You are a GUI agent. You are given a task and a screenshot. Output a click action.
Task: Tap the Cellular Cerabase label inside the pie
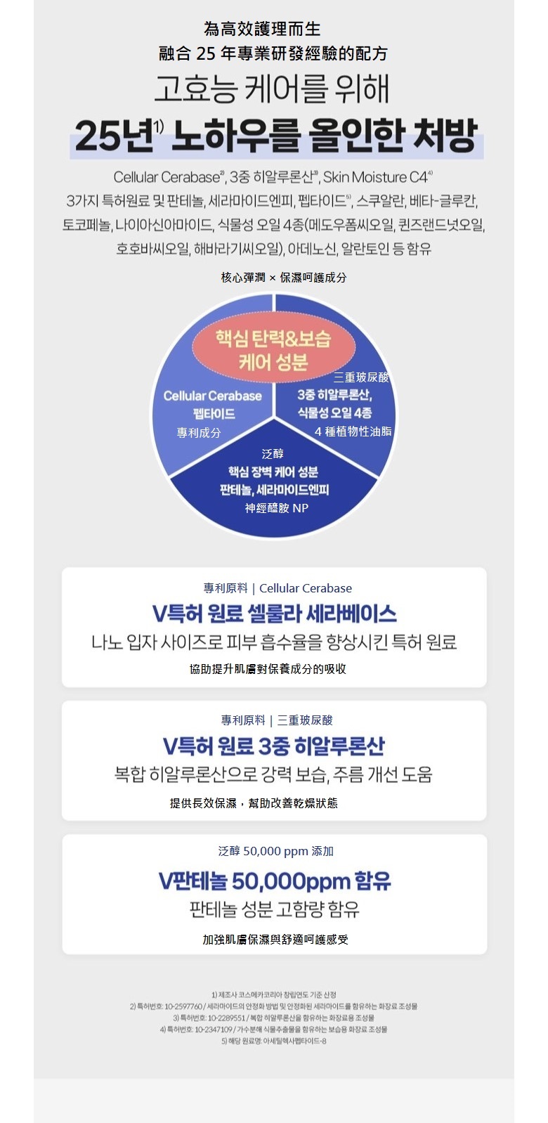pyautogui.click(x=212, y=396)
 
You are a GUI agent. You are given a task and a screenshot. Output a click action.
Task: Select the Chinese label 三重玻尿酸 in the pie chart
pyautogui.click(x=361, y=377)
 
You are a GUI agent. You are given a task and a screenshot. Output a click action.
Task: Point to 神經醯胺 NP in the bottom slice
pyautogui.click(x=277, y=508)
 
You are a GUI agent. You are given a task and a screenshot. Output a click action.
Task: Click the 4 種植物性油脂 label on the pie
pyautogui.click(x=353, y=431)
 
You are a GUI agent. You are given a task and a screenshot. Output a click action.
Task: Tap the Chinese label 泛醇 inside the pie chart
pyautogui.click(x=273, y=454)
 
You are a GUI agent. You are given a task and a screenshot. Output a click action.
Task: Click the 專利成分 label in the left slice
pyautogui.click(x=199, y=433)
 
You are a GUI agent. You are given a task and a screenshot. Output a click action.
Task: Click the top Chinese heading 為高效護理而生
pyautogui.click(x=262, y=29)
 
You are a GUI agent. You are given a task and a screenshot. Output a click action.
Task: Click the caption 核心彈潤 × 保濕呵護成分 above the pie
pyautogui.click(x=284, y=278)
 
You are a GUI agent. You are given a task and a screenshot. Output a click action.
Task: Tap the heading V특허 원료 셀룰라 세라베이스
pyautogui.click(x=274, y=614)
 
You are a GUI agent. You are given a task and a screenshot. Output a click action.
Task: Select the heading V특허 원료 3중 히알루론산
pyautogui.click(x=274, y=746)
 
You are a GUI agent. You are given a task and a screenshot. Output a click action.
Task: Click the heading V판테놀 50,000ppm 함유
pyautogui.click(x=275, y=881)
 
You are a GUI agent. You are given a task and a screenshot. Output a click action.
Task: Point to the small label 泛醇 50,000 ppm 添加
pyautogui.click(x=275, y=851)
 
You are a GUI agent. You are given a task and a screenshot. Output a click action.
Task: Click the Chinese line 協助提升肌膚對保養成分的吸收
pyautogui.click(x=268, y=669)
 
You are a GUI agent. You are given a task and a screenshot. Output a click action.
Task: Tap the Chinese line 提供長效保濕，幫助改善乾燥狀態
pyautogui.click(x=254, y=803)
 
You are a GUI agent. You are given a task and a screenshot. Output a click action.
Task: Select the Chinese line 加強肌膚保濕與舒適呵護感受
pyautogui.click(x=275, y=940)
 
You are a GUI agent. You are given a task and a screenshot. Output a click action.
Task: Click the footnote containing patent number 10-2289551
pyautogui.click(x=274, y=1018)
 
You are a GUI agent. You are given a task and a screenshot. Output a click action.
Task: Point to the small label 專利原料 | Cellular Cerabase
pyautogui.click(x=278, y=588)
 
